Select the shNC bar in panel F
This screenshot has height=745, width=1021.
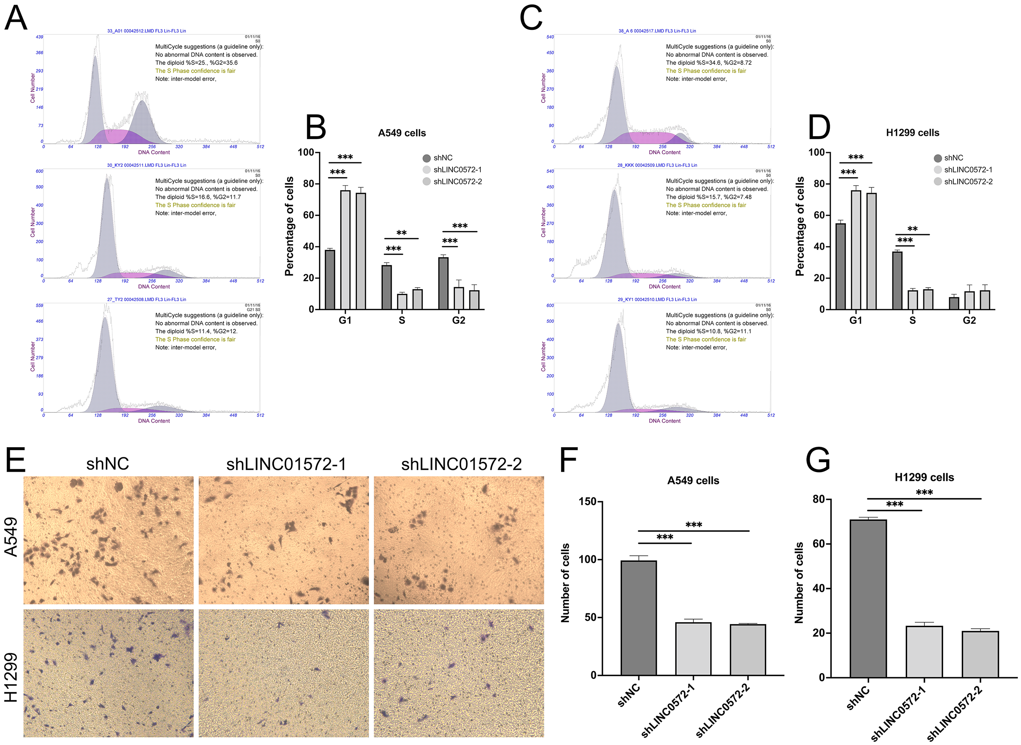coord(638,617)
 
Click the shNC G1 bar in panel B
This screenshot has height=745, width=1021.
coord(330,279)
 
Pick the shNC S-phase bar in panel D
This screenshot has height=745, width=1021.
coord(897,280)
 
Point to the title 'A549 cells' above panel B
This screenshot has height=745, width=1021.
coord(402,133)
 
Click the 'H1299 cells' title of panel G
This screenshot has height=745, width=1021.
coord(924,477)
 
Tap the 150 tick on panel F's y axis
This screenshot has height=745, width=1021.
coord(587,501)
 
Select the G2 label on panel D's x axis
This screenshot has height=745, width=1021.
coord(969,320)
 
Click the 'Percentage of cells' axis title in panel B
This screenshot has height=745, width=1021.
coord(289,226)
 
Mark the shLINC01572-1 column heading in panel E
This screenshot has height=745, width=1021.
coord(286,464)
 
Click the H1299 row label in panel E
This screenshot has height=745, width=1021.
coord(11,677)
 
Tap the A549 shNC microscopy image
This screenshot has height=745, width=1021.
coord(108,540)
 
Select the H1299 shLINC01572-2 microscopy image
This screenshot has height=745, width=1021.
coord(459,673)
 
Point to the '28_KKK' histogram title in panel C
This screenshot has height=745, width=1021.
coord(657,165)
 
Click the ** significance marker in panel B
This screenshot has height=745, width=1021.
coord(401,233)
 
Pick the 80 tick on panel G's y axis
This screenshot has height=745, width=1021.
coord(818,499)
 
